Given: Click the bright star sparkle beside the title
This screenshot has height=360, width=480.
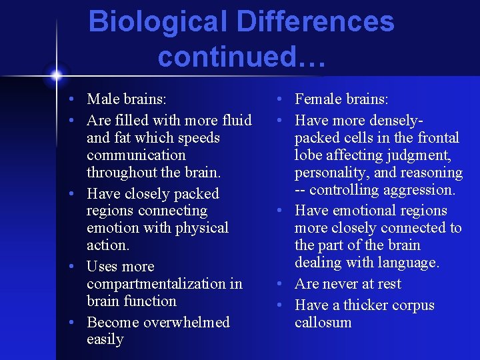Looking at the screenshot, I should coord(56,73).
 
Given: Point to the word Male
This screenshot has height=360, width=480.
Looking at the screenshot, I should coord(103,99).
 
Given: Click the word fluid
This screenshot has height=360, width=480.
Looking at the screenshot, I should coord(237,121).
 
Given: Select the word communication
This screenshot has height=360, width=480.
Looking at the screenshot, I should coord(136,155).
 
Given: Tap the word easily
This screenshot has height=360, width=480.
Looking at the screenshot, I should coord(105,339).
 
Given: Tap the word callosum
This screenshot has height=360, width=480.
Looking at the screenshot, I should coord(323,323).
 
